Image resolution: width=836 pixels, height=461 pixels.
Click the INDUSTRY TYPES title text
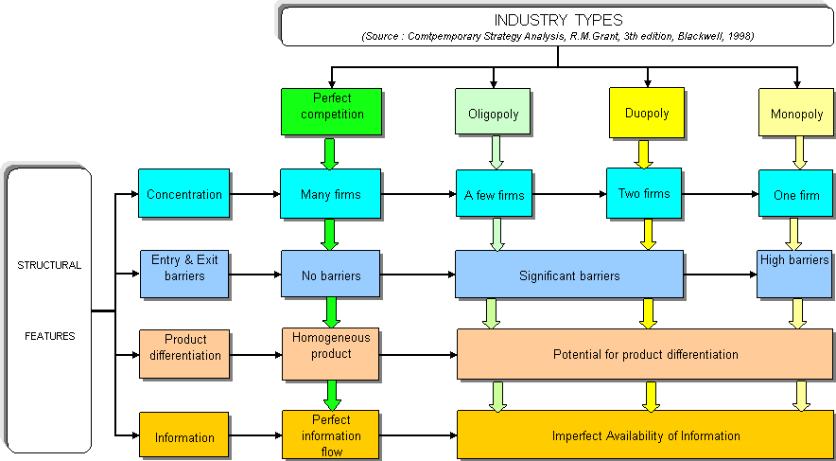[x=558, y=20]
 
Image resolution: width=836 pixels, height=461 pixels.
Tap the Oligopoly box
[x=494, y=114]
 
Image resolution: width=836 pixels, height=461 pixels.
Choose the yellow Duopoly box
[x=647, y=114]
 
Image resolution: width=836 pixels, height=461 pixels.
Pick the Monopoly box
[x=797, y=114]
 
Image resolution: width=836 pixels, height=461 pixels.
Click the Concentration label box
[x=183, y=194]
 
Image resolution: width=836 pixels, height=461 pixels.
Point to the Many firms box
[x=330, y=195]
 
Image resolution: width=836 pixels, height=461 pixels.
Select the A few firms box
[x=494, y=196]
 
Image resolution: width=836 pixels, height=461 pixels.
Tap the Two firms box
[x=644, y=193]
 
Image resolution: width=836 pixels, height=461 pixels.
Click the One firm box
[x=797, y=195]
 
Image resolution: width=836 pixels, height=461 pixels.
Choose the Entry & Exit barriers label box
[x=183, y=267]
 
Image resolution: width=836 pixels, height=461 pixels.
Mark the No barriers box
[x=330, y=275]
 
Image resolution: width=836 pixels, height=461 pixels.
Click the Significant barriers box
[x=569, y=275]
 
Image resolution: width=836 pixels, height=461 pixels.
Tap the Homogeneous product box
[x=331, y=346]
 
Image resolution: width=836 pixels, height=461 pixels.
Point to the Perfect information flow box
[x=331, y=435]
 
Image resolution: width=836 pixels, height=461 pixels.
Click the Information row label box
[x=184, y=437]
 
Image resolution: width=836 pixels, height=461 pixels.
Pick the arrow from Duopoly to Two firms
[x=644, y=154]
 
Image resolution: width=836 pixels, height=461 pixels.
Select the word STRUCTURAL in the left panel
[x=49, y=266]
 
